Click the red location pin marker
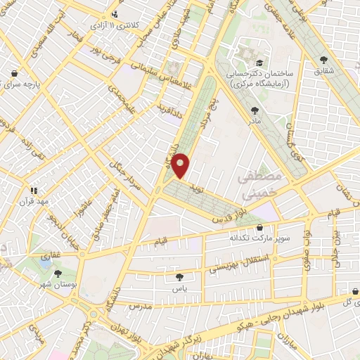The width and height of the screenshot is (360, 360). [x=181, y=165]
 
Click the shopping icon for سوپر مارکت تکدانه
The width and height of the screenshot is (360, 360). [x=262, y=228]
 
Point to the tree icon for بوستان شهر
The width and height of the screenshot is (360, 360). [x=56, y=274]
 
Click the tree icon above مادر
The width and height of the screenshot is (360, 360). [x=254, y=110]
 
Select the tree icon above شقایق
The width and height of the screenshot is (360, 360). [x=323, y=60]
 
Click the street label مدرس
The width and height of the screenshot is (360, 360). [x=141, y=307]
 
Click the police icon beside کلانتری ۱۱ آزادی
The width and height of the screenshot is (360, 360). [x=115, y=14]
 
